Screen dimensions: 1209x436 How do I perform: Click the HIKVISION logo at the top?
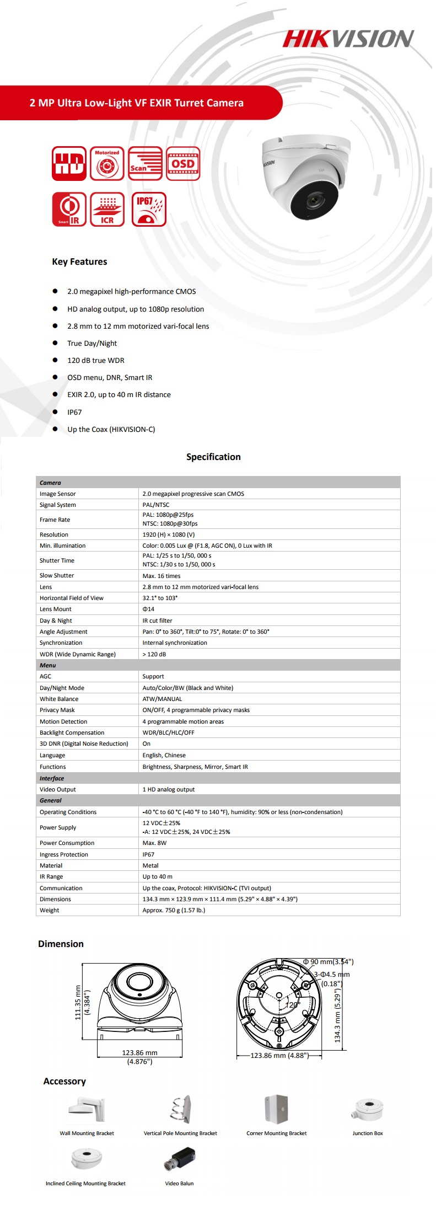(348, 39)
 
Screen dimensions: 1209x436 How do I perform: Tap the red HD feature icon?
(69, 163)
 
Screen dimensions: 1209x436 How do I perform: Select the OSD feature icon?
(183, 163)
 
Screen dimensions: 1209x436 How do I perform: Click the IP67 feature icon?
(149, 209)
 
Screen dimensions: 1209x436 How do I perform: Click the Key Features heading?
(79, 261)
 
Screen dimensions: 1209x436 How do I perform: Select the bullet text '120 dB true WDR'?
(96, 360)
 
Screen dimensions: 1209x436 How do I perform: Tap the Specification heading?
(213, 457)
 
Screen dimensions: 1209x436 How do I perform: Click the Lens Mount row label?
(56, 609)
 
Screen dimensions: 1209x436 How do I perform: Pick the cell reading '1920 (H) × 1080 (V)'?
(169, 534)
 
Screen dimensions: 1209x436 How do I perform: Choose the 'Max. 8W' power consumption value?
(154, 843)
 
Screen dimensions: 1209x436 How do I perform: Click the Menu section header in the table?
(48, 665)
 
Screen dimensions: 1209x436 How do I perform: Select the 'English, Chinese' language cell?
(164, 755)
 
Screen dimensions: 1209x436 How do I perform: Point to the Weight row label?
(50, 910)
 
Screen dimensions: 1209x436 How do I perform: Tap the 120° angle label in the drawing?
(292, 1005)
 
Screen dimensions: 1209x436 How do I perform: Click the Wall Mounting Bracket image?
(87, 1109)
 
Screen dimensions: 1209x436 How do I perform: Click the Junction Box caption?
(368, 1133)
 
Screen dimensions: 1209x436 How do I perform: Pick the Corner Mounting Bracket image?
(276, 1109)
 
